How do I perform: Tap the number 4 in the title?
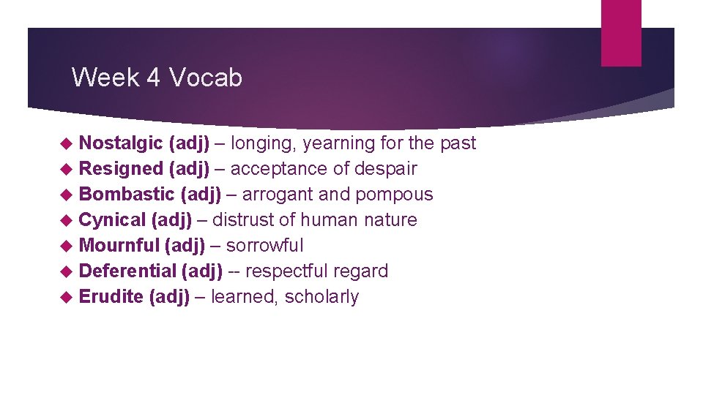[154, 77]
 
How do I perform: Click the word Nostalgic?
[121, 143]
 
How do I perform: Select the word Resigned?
[121, 169]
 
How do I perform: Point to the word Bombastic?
[127, 195]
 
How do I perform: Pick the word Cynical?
[112, 220]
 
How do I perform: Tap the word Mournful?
[119, 246]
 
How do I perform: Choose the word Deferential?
[127, 271]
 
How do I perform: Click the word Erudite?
[111, 297]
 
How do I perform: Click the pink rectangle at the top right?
[621, 33]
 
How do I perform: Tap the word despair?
[385, 169]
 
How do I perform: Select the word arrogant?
[276, 195]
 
